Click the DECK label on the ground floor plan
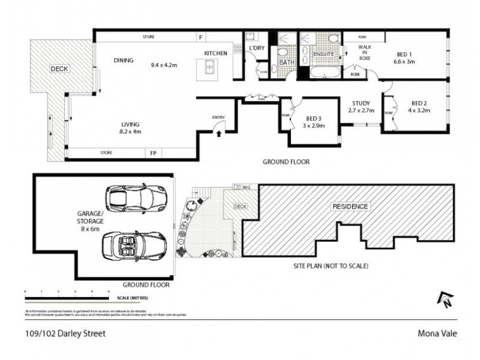(59, 69)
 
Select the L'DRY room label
(256, 47)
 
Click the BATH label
(287, 62)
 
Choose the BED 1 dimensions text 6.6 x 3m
(405, 61)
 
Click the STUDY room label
(361, 103)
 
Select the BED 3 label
(311, 118)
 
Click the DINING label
(123, 60)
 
